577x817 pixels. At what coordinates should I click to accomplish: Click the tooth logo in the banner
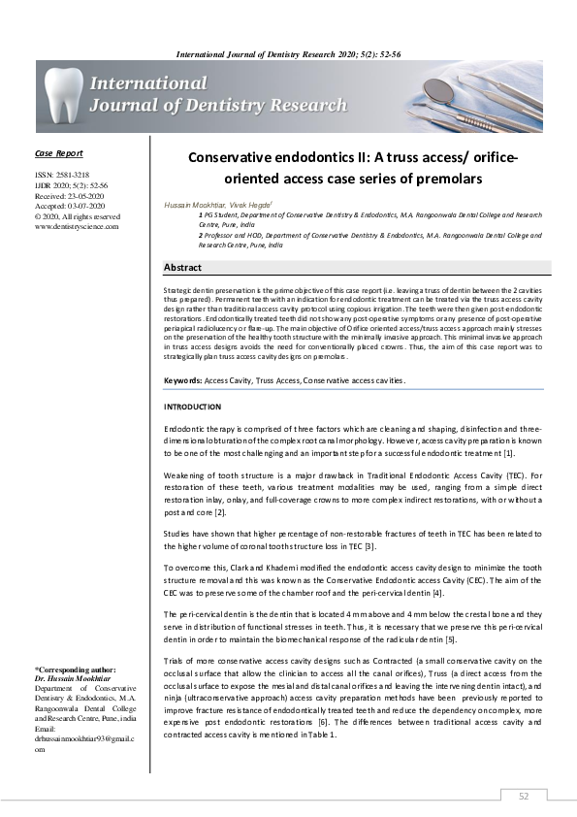64,94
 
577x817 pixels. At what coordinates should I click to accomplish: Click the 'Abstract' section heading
183,267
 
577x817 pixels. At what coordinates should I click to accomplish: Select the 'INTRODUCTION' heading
192,407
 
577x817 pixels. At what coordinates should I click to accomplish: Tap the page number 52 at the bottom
524,796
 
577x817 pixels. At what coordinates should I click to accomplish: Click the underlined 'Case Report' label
58,153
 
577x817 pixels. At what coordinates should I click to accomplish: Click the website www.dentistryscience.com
76,226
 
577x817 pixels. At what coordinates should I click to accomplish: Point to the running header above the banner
288,50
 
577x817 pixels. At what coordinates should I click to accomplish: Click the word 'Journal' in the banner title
127,106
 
